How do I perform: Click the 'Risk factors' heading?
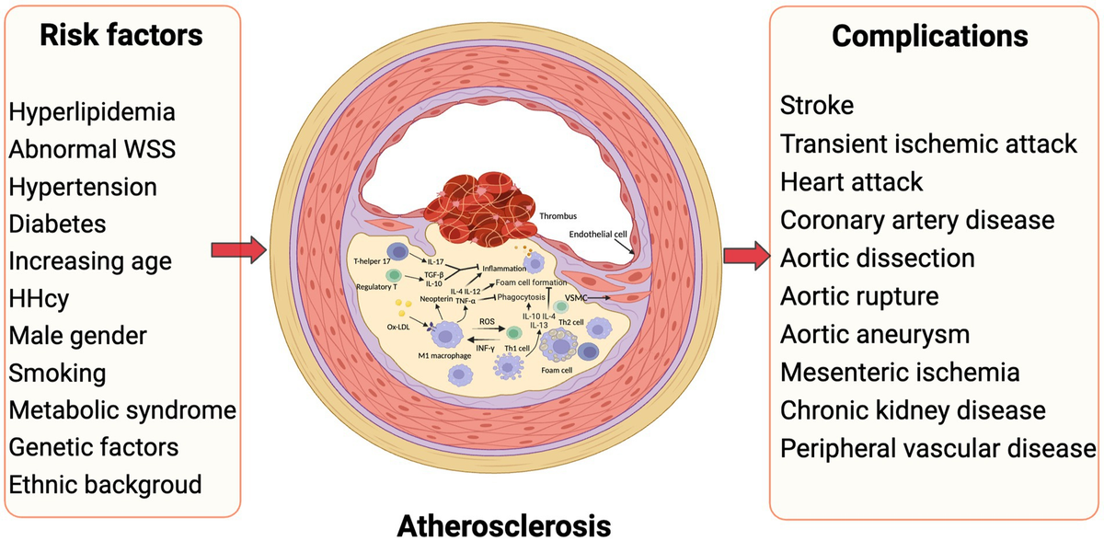pos(121,36)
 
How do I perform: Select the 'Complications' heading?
pos(930,37)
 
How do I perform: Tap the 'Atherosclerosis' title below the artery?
pos(504,525)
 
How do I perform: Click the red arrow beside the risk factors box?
pos(239,250)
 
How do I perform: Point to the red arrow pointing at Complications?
pos(747,256)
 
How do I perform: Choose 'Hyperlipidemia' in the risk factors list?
pos(92,112)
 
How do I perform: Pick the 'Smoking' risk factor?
pos(58,373)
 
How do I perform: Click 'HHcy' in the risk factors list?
pos(39,298)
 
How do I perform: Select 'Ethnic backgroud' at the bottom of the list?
pos(106,485)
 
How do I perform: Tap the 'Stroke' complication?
pos(817,106)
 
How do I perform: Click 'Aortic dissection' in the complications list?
pos(878,259)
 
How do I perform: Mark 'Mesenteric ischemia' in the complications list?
pos(900,372)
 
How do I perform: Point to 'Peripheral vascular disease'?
pos(937,448)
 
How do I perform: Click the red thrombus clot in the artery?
pos(480,209)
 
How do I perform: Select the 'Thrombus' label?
pos(558,216)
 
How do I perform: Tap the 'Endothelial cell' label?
pos(598,235)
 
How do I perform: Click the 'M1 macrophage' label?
pos(444,355)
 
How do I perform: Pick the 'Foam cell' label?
pos(557,370)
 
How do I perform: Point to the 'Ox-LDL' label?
pos(398,327)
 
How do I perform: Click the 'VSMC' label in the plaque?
pos(576,297)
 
